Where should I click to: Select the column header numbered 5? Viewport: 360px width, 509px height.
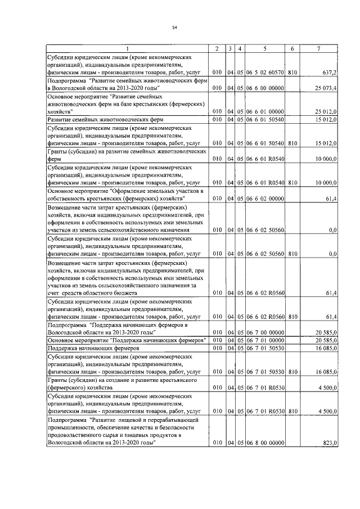264,49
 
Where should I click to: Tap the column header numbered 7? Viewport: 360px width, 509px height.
319,49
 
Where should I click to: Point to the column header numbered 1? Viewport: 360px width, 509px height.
127,49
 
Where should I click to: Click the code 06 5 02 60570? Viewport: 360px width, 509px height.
265,73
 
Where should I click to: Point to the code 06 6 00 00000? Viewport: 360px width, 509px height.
265,88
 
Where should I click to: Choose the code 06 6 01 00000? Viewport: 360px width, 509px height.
265,111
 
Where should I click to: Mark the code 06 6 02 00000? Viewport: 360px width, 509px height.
265,199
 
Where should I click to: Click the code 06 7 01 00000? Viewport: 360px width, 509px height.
265,340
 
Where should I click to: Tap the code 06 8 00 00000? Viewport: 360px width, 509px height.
265,443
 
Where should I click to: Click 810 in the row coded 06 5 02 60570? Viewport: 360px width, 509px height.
292,73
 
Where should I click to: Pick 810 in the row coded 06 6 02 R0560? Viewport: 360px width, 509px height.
292,317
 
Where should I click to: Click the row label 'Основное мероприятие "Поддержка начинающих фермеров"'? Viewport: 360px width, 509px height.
127,340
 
